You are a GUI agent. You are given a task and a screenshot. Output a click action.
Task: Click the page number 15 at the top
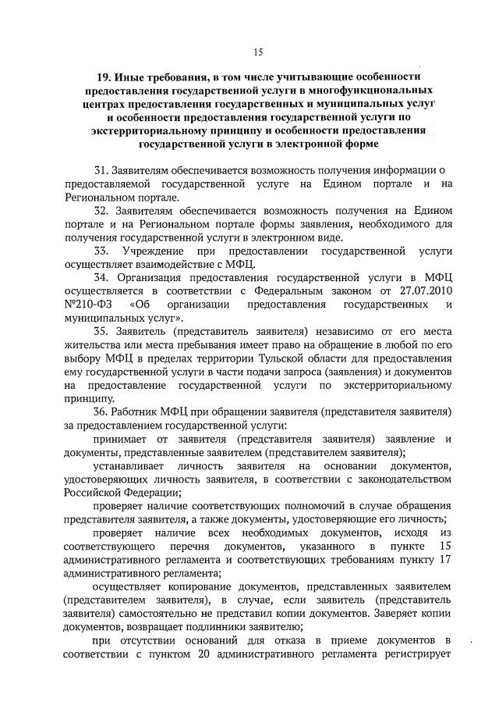[258, 53]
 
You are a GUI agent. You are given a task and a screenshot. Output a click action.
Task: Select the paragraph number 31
[101, 171]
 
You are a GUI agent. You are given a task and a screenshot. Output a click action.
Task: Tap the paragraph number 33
[102, 251]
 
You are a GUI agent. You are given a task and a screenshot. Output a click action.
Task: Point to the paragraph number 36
[101, 411]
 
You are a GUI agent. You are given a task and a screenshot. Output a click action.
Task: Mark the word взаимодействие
[159, 264]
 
